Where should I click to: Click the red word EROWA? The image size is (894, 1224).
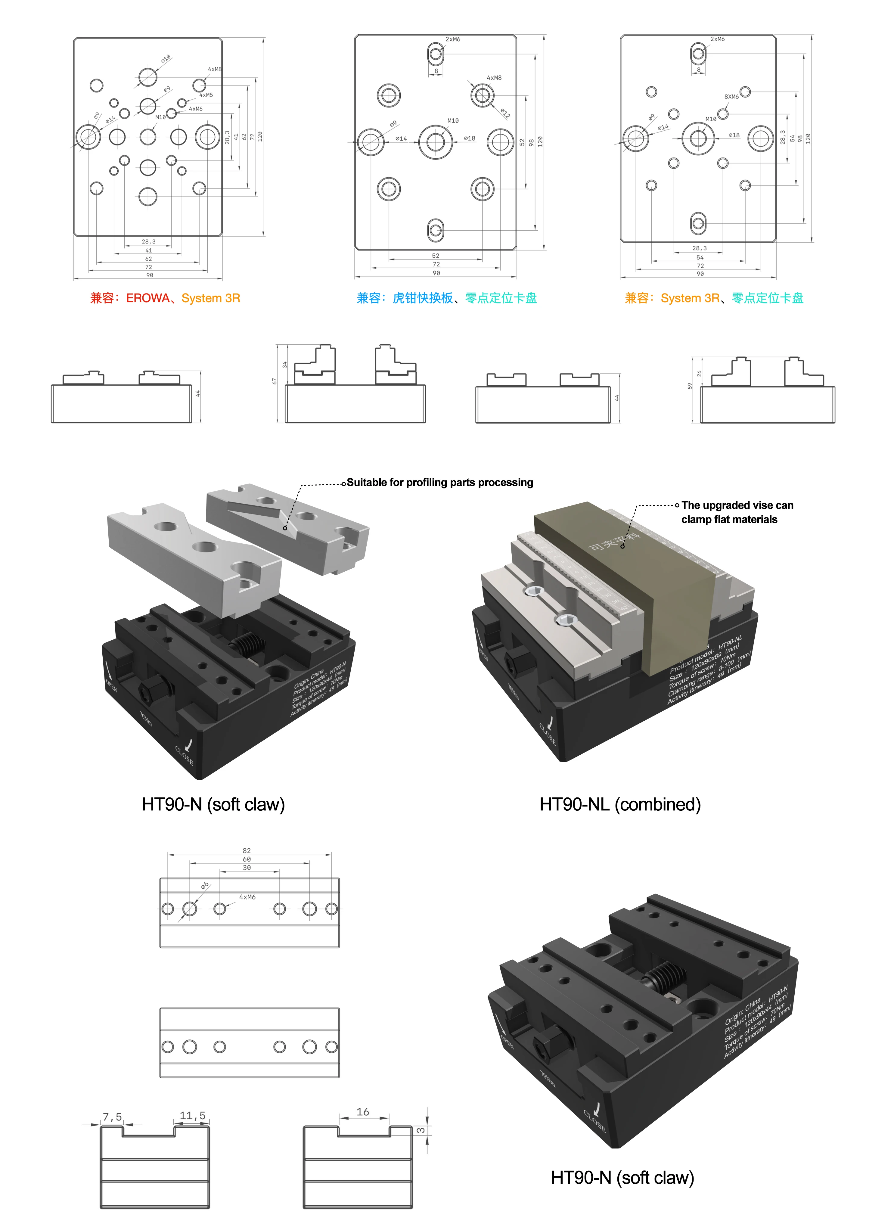pyautogui.click(x=147, y=298)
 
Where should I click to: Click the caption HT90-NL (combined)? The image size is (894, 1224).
pyautogui.click(x=620, y=805)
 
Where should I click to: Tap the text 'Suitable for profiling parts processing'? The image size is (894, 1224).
pyautogui.click(x=439, y=482)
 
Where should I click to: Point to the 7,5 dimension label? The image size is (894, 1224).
pyautogui.click(x=112, y=1117)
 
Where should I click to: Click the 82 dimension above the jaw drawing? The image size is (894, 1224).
pyautogui.click(x=247, y=851)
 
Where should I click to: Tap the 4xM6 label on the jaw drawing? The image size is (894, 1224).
pyautogui.click(x=247, y=897)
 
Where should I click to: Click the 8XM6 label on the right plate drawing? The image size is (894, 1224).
pyautogui.click(x=731, y=97)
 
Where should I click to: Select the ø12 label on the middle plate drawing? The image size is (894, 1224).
pyautogui.click(x=505, y=113)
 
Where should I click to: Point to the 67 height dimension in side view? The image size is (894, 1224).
pyautogui.click(x=274, y=381)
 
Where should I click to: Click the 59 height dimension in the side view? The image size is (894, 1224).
pyautogui.click(x=689, y=386)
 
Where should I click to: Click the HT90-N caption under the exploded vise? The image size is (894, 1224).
pyautogui.click(x=213, y=805)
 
